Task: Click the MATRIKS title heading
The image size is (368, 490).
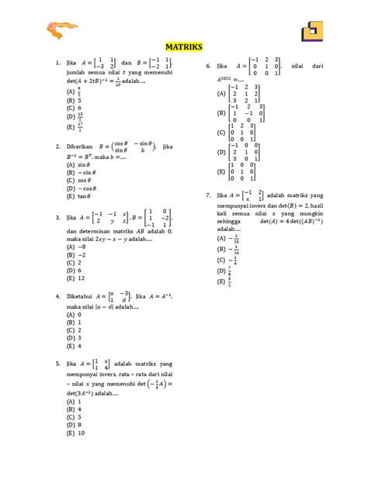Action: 183,47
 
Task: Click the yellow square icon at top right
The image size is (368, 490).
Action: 314,31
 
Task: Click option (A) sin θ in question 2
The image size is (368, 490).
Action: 78,164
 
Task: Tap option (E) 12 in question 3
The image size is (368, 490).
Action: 75,278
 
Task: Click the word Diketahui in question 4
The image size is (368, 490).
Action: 82,296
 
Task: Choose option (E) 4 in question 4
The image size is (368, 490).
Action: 74,346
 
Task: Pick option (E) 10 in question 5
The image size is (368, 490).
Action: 75,433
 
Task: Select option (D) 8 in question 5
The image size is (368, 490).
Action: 74,425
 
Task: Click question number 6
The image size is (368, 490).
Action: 208,67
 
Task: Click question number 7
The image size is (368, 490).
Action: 208,195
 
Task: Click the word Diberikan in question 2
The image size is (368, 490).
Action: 82,145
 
